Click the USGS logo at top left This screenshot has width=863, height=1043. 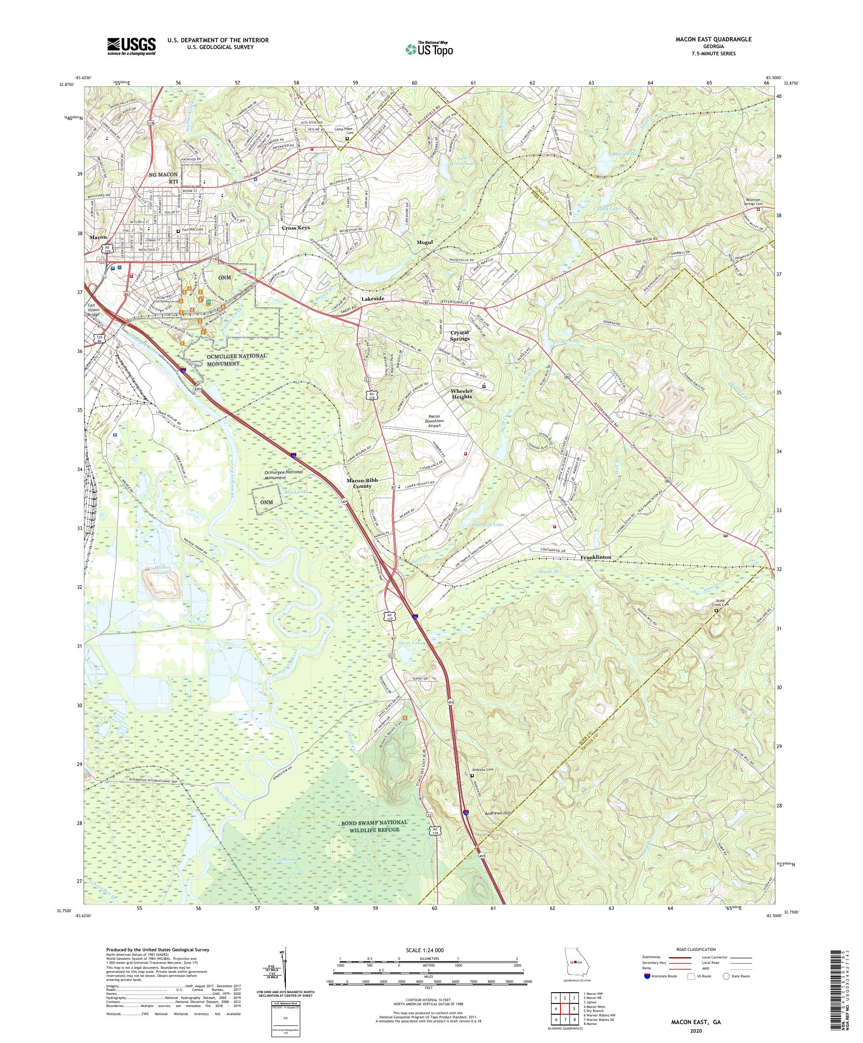point(131,46)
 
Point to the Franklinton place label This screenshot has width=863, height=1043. point(596,557)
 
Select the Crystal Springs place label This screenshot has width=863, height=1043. point(459,336)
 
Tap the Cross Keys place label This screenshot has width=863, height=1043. point(295,228)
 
